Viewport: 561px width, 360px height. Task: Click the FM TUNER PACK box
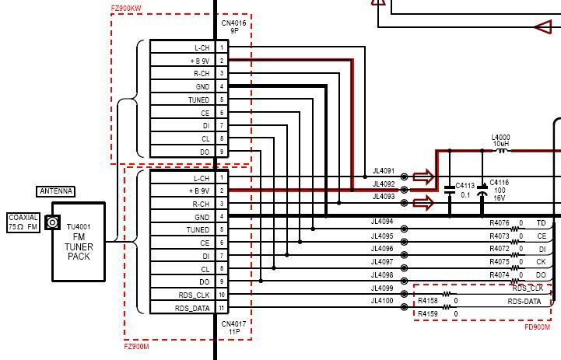[79, 242]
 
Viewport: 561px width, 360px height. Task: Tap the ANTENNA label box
[56, 191]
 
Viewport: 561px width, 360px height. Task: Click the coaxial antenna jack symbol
[52, 222]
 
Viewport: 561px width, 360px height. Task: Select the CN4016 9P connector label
[233, 26]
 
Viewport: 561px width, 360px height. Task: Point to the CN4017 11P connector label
[233, 327]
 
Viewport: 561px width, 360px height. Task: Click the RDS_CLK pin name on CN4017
[194, 295]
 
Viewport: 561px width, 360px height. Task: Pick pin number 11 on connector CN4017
[222, 308]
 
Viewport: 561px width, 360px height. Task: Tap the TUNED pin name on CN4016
[199, 100]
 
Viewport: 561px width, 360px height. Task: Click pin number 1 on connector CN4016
[222, 47]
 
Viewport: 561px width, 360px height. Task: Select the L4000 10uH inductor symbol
[502, 151]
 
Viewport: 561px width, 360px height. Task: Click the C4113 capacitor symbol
[450, 190]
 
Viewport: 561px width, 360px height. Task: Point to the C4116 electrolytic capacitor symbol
[482, 190]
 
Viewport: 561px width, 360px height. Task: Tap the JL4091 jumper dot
[404, 177]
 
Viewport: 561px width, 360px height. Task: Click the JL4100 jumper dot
[404, 306]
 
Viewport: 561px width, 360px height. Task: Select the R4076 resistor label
[499, 223]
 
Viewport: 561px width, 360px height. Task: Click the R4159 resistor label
[427, 314]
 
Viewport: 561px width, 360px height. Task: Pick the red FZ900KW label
[126, 8]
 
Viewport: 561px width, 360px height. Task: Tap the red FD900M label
[538, 327]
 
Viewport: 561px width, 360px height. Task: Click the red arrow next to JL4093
[423, 203]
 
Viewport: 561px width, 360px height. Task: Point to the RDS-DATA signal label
[524, 302]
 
